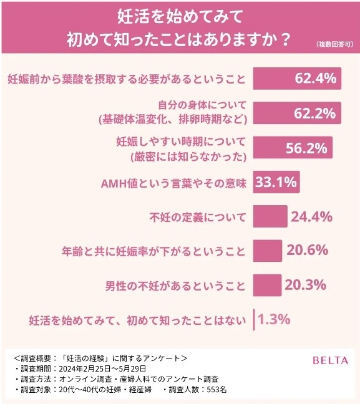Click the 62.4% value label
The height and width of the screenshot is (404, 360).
point(316,79)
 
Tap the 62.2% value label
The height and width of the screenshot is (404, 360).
point(315,113)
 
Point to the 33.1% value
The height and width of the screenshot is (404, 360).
point(276,183)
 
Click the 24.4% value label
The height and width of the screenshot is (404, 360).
point(311,218)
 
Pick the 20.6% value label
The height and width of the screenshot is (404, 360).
point(307,251)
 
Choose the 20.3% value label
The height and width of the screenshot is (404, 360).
point(306,285)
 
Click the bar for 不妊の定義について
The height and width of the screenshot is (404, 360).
point(270,218)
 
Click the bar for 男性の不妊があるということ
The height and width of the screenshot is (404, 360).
point(268,285)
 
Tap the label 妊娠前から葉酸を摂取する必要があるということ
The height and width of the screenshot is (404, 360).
point(125,80)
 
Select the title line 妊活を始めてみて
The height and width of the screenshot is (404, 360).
point(180,13)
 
